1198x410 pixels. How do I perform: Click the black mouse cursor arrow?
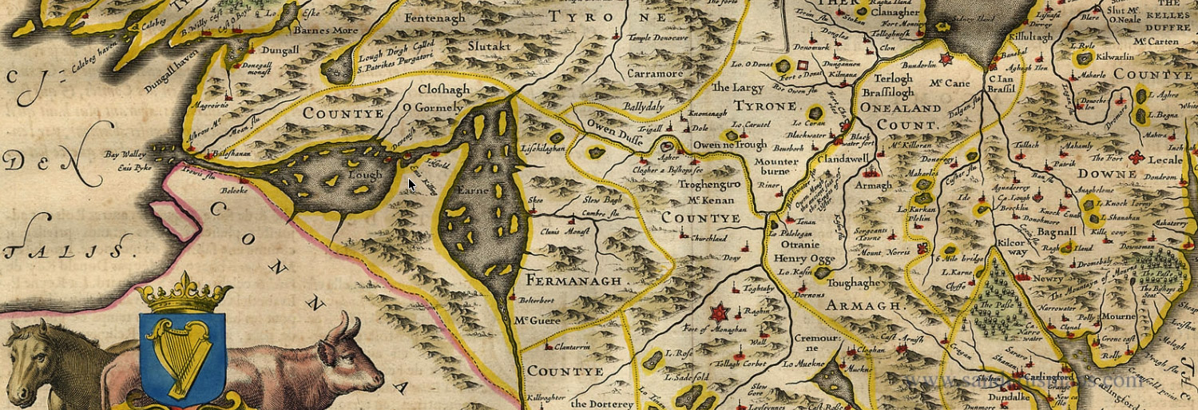411,185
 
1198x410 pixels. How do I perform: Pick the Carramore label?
655,74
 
